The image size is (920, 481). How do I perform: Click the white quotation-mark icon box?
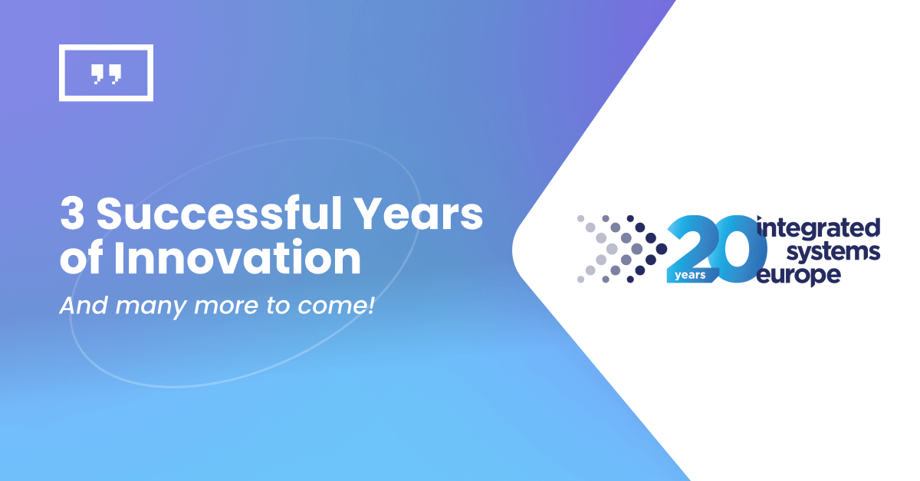(106, 73)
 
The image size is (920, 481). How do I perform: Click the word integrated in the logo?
(818, 228)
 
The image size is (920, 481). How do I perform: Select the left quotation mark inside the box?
(98, 74)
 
